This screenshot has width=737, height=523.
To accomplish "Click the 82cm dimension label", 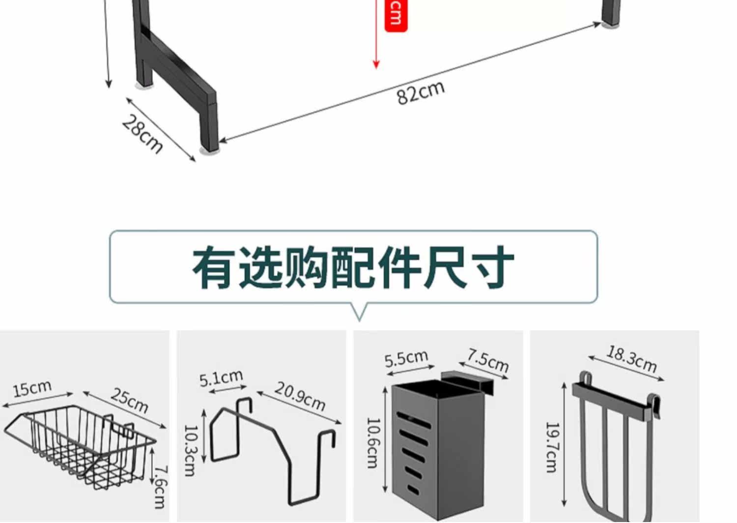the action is pos(421,92).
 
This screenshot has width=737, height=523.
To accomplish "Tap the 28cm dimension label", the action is pos(142,134).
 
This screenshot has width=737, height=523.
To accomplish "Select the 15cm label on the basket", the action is pos(32,389).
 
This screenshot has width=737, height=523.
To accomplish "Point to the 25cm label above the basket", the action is pos(129,400).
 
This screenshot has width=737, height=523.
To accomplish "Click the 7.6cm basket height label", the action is pos(160,487).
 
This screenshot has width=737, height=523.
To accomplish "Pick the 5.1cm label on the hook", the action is pos(221,378).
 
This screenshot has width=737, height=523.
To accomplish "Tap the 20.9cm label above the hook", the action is pos(300,396).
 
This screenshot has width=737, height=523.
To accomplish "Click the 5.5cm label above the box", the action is pos(406,358).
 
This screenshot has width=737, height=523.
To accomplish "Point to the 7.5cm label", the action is pos(487,360).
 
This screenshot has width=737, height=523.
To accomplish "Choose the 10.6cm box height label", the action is pos(373,443).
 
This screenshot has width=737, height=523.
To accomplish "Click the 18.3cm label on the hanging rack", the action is pos(631,359).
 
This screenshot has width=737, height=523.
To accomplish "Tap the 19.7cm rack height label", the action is pos(552,447).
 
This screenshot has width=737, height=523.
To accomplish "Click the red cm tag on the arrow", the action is pos(396,15).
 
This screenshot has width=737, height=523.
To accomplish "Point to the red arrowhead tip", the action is pos(376,66).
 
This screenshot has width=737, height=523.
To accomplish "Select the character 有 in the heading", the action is pos(212,268).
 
